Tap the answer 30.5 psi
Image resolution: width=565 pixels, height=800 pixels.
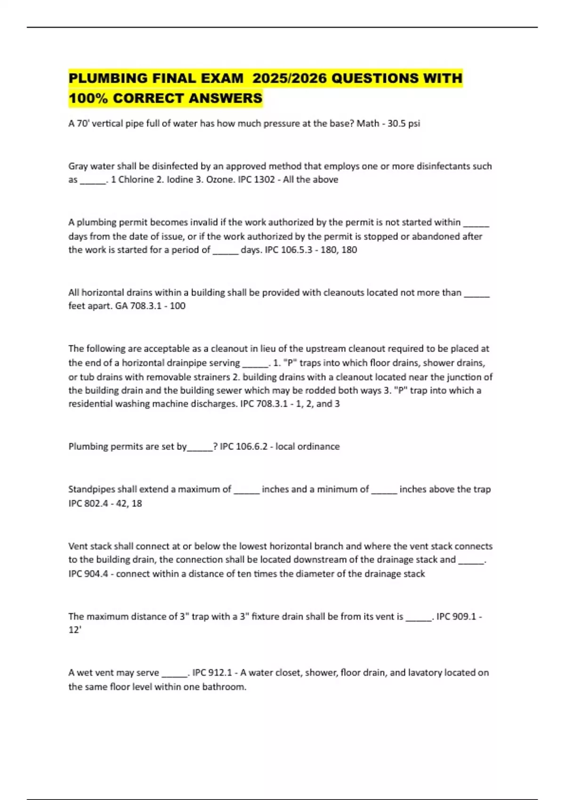[x=404, y=123]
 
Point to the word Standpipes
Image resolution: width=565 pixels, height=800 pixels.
[x=91, y=489]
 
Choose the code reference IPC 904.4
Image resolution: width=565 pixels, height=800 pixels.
[x=87, y=574]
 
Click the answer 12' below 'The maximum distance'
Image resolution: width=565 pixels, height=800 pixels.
[x=75, y=630]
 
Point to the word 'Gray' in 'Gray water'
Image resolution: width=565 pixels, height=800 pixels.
[x=78, y=166]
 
